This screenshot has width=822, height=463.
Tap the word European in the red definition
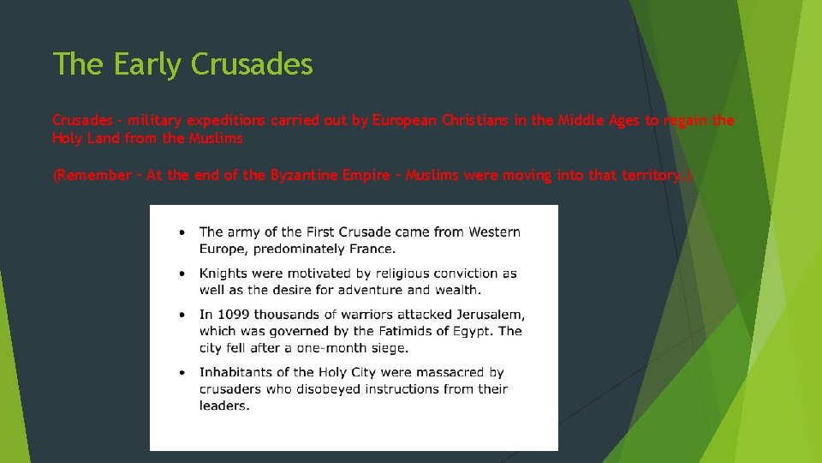(404, 121)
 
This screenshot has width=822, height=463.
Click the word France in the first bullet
(373, 249)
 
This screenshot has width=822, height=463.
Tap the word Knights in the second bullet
(223, 274)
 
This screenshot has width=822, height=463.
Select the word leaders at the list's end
(223, 406)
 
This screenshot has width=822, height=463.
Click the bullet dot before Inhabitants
(182, 372)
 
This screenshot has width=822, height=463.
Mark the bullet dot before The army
(182, 231)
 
